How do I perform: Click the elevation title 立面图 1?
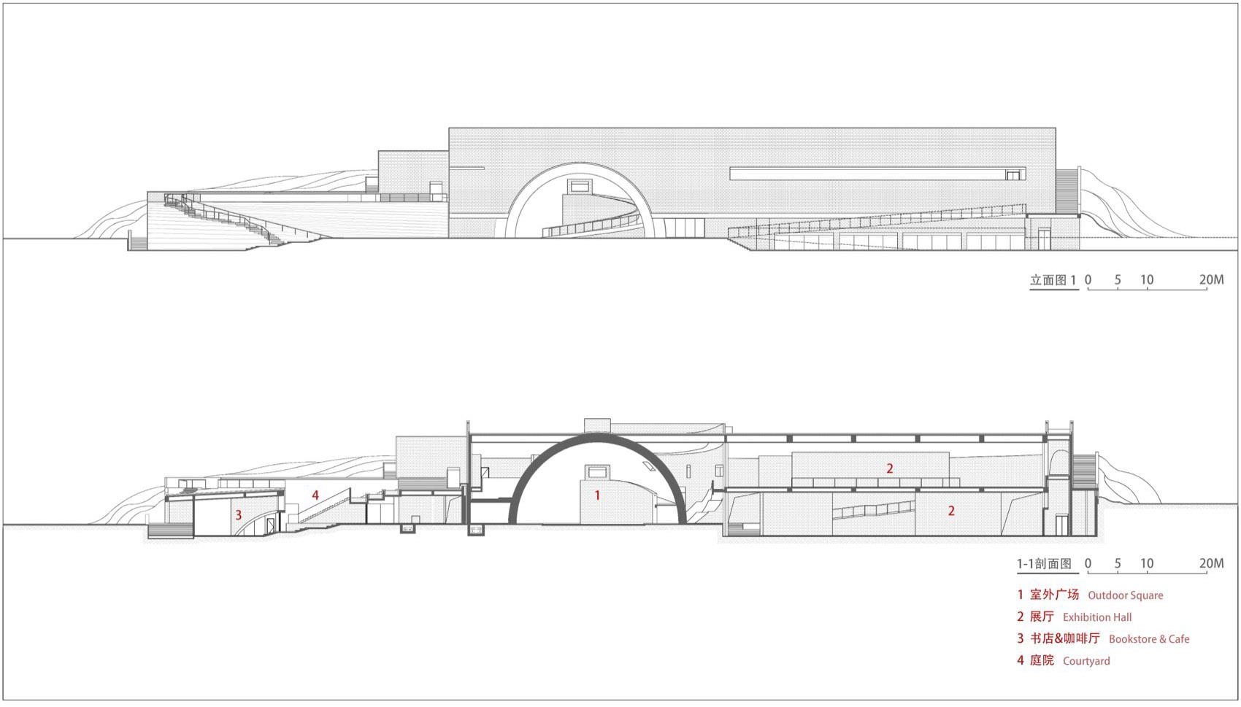[1053, 280]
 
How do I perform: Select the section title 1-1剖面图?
[1045, 563]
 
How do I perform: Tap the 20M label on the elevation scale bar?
[1211, 280]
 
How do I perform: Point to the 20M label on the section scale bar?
[1211, 563]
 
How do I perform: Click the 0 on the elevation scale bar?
[1088, 280]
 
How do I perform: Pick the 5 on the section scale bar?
[1118, 563]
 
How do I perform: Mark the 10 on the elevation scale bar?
[1147, 280]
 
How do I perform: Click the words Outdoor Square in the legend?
[1125, 595]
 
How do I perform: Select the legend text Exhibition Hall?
[1097, 617]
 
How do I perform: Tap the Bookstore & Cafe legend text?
[1149, 639]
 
